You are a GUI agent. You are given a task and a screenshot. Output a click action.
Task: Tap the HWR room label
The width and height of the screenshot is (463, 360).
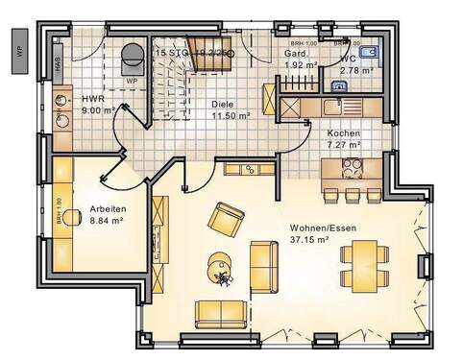coord(93,99)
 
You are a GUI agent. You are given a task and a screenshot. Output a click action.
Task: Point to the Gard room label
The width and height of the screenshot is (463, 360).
coord(295,54)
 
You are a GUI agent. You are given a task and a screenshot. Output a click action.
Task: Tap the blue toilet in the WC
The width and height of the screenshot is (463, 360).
coord(374,51)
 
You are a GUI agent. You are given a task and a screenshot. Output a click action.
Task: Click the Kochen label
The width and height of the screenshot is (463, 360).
coord(343,133)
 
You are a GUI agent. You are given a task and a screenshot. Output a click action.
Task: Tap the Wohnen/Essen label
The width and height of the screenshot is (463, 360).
coord(315,228)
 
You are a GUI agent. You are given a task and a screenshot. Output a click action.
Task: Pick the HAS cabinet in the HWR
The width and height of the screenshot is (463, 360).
coord(59,62)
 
